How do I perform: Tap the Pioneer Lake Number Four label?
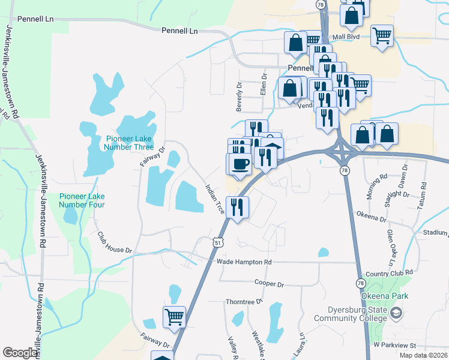tap(82, 200)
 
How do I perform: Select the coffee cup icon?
tap(239, 164)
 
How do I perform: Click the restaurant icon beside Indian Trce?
tap(237, 208)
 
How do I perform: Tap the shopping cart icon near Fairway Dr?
tap(174, 317)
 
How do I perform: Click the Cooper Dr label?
tap(268, 283)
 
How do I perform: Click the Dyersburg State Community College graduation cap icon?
tap(396, 313)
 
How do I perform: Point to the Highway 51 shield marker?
tap(218, 241)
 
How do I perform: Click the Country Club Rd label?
tap(389, 273)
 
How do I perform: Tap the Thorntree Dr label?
tap(244, 302)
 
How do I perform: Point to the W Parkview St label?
tap(394, 346)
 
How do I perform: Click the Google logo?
tap(20, 353)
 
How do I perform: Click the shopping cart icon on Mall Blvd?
tap(382, 35)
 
